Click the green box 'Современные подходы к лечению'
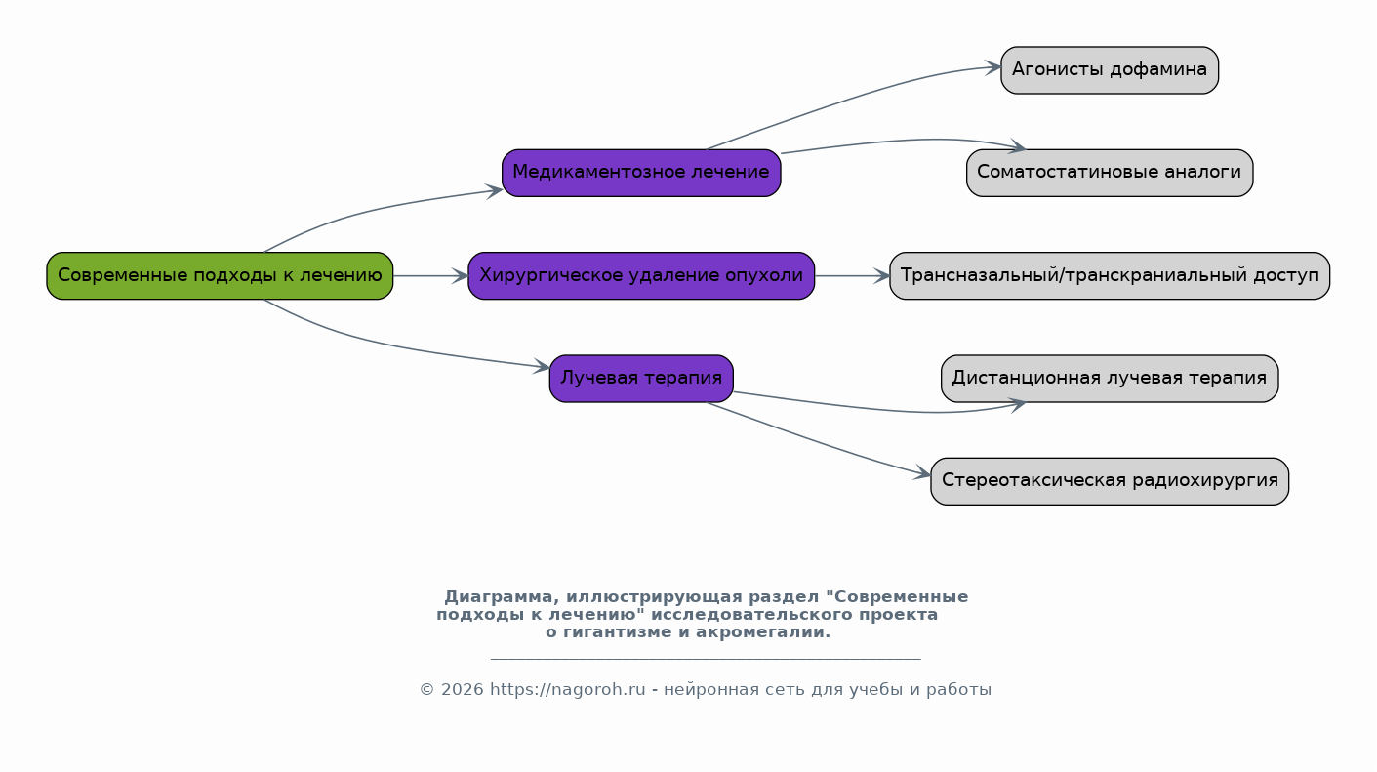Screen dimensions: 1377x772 (220, 276)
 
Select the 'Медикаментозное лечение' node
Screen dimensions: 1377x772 (641, 173)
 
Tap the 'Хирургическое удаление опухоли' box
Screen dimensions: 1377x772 (641, 276)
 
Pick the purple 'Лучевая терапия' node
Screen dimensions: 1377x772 (641, 379)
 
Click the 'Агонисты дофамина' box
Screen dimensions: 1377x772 (1110, 70)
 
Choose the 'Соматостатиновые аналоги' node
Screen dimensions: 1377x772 (1110, 173)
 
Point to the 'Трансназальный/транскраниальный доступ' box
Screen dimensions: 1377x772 (1110, 276)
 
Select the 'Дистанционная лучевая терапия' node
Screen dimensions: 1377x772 (1110, 379)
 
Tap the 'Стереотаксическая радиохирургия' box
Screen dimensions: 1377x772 (1110, 481)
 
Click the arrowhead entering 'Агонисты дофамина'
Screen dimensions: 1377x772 (993, 67)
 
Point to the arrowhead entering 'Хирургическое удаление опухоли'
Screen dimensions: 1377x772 (461, 276)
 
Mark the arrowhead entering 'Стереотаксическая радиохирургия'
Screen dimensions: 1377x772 (922, 473)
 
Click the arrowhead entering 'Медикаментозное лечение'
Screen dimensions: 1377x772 (495, 191)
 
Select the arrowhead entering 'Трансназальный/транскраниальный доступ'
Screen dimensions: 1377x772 (881, 276)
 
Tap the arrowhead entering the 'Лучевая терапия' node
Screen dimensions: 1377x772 (542, 366)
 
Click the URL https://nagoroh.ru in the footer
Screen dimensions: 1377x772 (567, 690)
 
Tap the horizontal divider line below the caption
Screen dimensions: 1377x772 (706, 659)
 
